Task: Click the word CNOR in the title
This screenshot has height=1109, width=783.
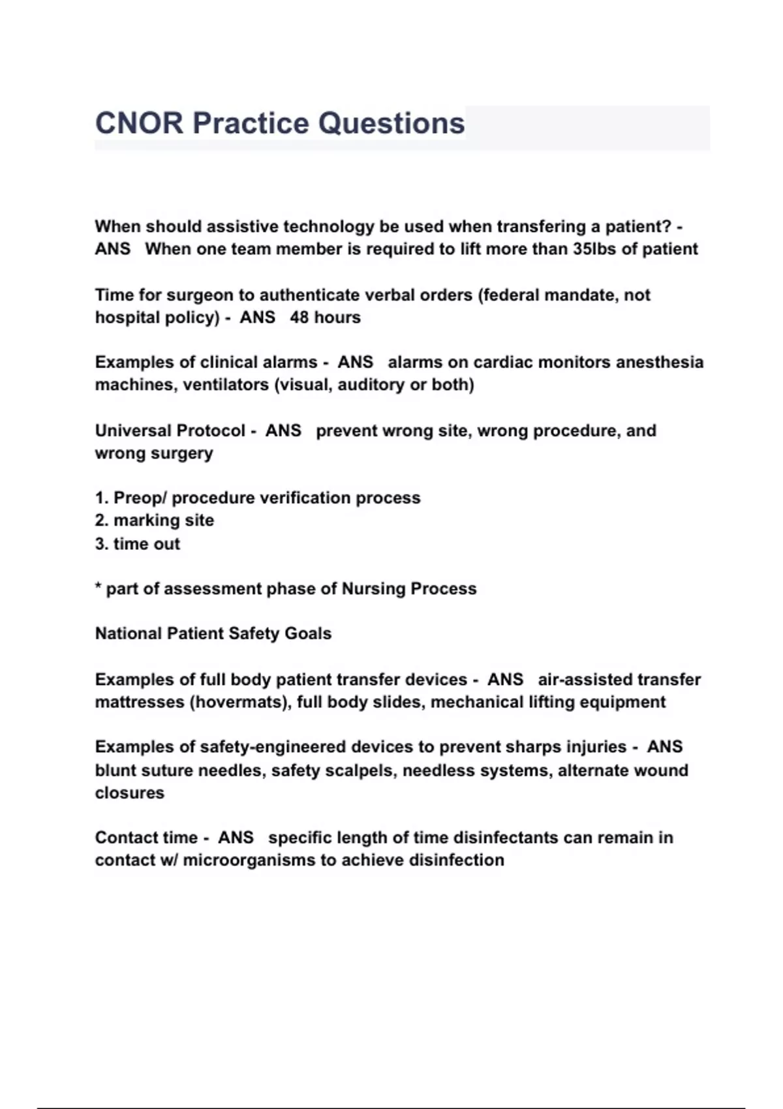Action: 139,123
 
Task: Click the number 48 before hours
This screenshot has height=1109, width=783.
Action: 299,318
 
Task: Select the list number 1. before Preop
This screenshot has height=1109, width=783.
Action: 101,498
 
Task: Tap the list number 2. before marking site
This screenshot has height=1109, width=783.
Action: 101,521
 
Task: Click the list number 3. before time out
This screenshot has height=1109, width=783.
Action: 101,544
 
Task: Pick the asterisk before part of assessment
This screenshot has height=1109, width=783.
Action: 98,587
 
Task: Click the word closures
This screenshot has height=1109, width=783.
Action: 130,793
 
